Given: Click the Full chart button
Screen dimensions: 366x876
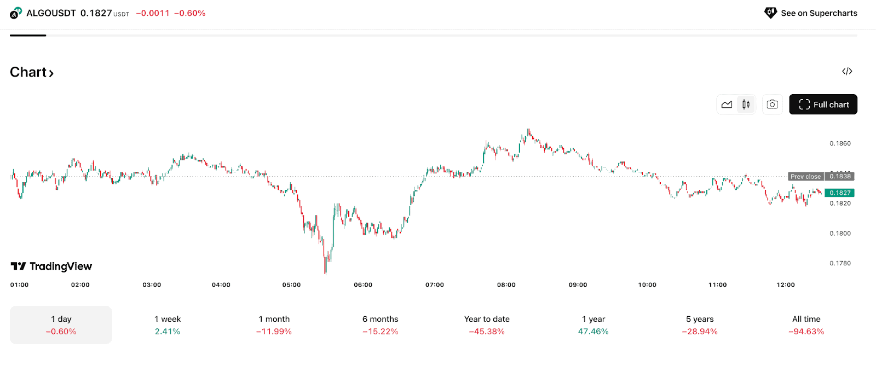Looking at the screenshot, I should click(x=823, y=104).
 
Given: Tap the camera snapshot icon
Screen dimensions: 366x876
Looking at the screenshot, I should click(x=772, y=104).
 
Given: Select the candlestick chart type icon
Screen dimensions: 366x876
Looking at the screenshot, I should click(x=746, y=104).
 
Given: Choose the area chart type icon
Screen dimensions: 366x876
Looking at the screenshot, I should click(x=727, y=104).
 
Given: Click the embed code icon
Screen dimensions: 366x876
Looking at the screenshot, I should click(x=847, y=71).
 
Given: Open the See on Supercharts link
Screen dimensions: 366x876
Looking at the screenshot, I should click(x=811, y=13).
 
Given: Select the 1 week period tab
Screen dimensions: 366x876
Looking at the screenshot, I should click(x=168, y=325).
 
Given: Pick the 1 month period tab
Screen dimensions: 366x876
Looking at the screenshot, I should click(x=274, y=325).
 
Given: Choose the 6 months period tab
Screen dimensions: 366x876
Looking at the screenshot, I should click(x=380, y=325).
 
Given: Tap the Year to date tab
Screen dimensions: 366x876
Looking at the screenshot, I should click(x=487, y=325).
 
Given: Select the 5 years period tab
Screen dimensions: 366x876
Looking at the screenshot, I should click(x=700, y=325).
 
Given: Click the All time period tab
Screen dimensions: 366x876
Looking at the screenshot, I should click(x=806, y=325).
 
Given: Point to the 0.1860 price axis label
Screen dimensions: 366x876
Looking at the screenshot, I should click(x=840, y=143).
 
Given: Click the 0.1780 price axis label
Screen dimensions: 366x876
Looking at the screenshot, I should click(x=840, y=263).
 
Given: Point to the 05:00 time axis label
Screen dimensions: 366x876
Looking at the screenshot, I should click(x=291, y=284).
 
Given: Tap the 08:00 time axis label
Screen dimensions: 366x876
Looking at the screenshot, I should click(x=506, y=284).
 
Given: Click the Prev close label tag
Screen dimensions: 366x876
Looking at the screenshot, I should click(x=805, y=176).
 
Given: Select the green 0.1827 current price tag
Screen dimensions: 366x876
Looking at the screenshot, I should click(x=839, y=193).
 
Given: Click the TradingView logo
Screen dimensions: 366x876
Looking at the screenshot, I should click(x=51, y=266).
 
